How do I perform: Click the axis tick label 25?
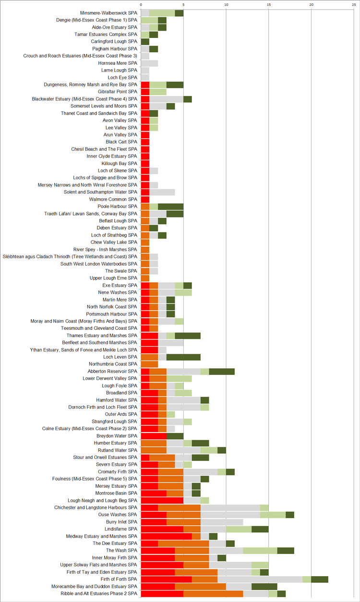point(354,4)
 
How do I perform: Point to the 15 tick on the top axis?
point(268,4)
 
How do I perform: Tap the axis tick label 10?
point(226,4)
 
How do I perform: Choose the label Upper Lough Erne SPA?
point(113,278)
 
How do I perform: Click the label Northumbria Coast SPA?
point(113,364)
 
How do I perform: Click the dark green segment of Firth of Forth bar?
point(320,579)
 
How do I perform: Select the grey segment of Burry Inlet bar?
point(222,522)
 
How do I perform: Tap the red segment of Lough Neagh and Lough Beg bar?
point(162,500)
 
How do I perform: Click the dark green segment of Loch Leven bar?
point(183,357)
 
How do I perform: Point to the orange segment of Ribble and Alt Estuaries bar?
point(213,594)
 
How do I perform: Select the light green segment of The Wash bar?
point(260,551)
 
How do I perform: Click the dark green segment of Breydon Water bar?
point(175,436)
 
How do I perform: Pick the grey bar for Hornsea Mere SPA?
point(149,63)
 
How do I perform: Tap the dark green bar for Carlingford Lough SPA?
point(145,42)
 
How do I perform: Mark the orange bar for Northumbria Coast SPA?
point(149,364)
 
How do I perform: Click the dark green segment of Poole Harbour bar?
point(170,206)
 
